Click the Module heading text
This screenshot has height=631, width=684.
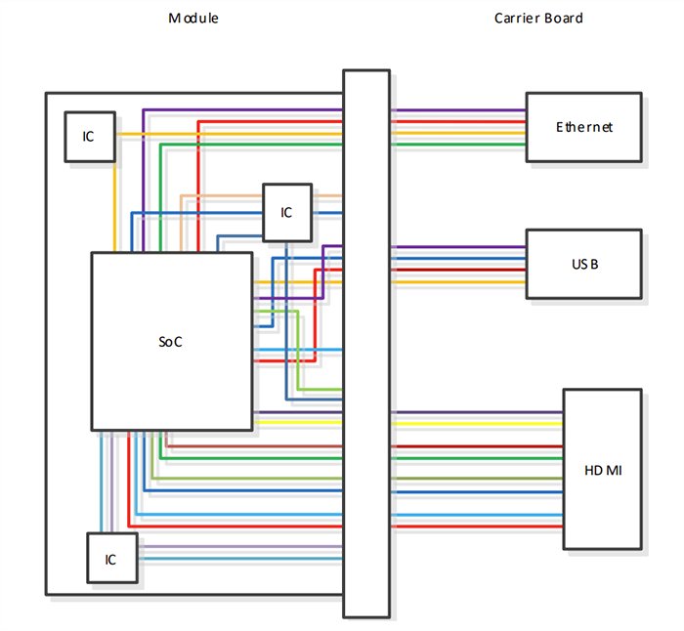point(193,19)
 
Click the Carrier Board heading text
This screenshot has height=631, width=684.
point(537,19)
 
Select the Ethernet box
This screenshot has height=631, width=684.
point(583,127)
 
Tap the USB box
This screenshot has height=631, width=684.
point(583,264)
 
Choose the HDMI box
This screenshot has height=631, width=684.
point(602,470)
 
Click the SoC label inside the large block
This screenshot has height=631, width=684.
point(171,342)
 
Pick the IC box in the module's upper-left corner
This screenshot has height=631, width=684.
point(89,136)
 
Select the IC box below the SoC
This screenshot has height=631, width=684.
point(111,560)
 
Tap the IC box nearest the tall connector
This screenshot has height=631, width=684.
point(286,212)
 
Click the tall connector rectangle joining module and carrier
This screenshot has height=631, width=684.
point(366,342)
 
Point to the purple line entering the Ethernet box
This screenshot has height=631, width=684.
point(459,110)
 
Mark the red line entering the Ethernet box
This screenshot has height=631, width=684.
point(459,122)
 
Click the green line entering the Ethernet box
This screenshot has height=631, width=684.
point(459,144)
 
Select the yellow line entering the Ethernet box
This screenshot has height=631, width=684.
point(459,133)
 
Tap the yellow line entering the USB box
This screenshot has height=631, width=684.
point(459,282)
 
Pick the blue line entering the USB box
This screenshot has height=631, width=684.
point(459,259)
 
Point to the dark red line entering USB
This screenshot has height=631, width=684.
point(459,271)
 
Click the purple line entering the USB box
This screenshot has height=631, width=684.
point(459,247)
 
